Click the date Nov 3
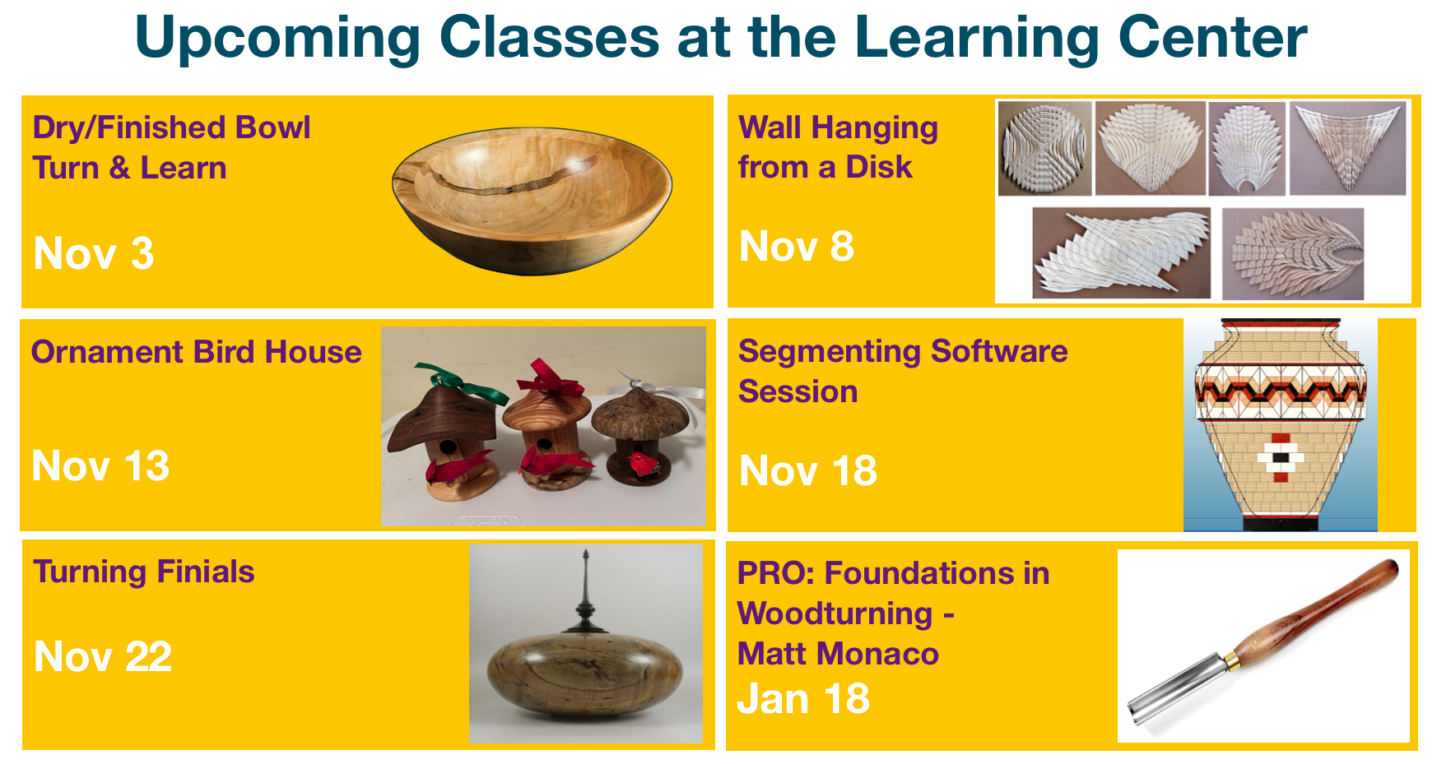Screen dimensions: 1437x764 (x=94, y=253)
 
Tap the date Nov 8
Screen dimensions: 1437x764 (x=797, y=246)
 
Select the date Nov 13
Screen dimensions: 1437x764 (x=100, y=465)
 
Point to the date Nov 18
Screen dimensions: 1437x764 (x=808, y=470)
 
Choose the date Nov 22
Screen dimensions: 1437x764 (x=103, y=656)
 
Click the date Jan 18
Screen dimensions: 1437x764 (x=803, y=698)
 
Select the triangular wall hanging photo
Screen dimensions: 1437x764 (x=1347, y=148)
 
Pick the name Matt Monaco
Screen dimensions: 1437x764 (x=838, y=654)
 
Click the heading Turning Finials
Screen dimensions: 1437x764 (x=144, y=572)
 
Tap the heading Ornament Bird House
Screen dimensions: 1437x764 (x=196, y=352)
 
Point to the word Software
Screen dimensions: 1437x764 (x=999, y=352)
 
